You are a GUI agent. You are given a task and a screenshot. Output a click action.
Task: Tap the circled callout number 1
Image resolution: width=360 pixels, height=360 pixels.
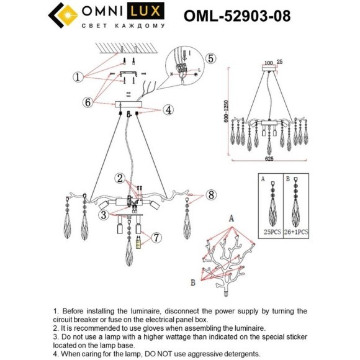click(x=78, y=77)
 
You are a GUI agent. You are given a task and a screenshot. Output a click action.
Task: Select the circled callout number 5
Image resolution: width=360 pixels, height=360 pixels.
click(x=210, y=58)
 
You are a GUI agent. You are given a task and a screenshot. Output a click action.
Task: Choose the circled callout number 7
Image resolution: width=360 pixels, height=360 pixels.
click(x=156, y=237)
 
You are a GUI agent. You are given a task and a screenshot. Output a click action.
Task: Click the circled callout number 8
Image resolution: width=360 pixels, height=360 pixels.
click(x=210, y=195)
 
